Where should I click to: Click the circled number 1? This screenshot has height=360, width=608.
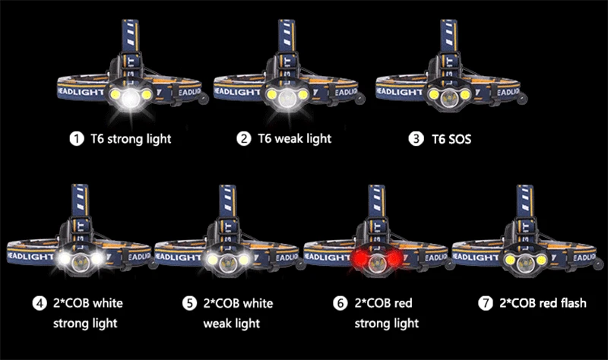coord(76,138)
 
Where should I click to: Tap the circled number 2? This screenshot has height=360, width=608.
coord(244,138)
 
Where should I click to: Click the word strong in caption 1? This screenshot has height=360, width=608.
coord(125,138)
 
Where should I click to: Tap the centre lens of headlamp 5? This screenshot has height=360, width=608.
coord(225,261)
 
